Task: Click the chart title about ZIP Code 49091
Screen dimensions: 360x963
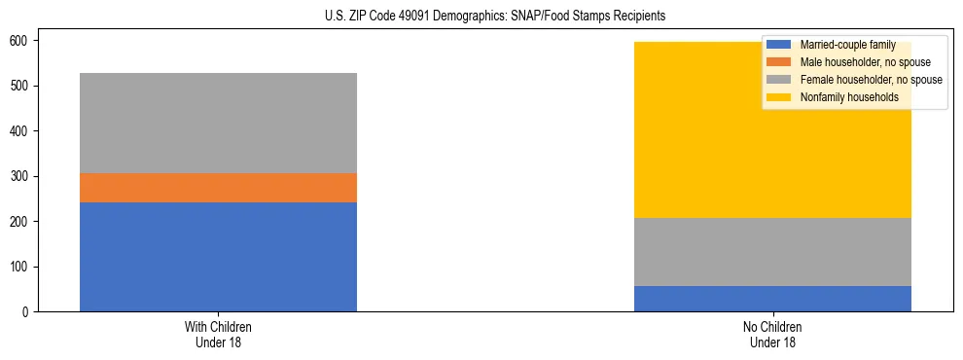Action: (x=495, y=17)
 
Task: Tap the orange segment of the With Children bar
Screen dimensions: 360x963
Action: (x=218, y=188)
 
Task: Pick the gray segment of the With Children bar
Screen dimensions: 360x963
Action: (x=218, y=123)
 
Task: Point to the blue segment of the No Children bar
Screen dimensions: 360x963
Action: (x=772, y=299)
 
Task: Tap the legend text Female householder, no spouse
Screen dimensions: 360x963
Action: (x=871, y=80)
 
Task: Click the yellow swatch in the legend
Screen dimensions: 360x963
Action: (x=779, y=97)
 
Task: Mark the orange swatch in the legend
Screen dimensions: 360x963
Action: (x=779, y=62)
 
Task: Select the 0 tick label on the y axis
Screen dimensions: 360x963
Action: (x=27, y=311)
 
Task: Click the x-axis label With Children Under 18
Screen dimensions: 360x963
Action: (x=218, y=334)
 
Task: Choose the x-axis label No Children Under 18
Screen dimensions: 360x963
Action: (x=772, y=334)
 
